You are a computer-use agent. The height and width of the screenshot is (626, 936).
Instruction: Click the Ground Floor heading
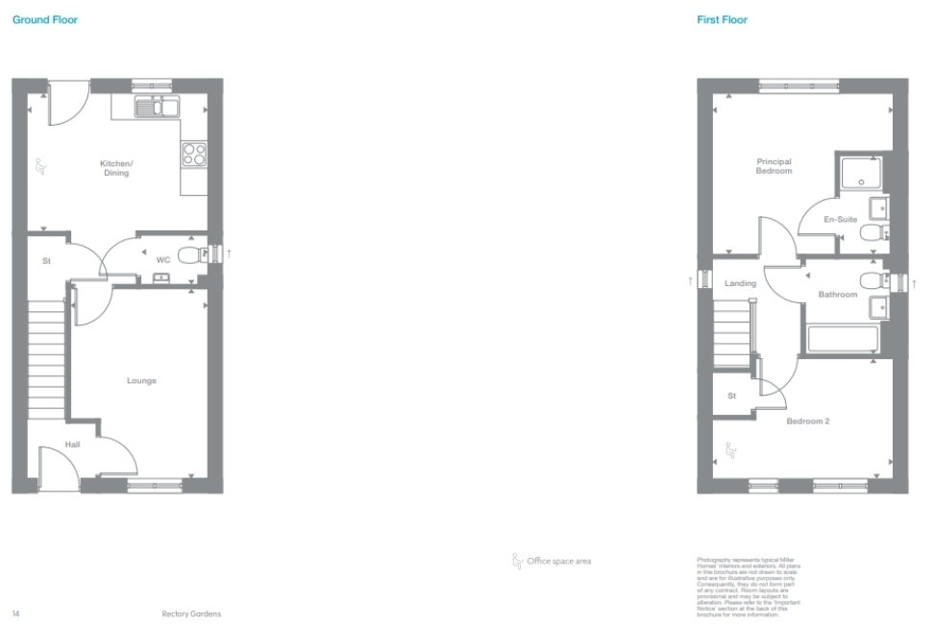[45, 19]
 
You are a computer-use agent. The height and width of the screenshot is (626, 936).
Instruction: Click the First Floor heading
[722, 19]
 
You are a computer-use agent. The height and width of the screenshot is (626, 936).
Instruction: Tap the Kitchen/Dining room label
[116, 168]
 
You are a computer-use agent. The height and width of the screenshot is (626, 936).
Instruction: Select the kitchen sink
[156, 107]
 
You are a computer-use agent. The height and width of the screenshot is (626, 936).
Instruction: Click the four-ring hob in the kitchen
[194, 154]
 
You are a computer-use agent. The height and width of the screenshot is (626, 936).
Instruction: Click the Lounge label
[141, 381]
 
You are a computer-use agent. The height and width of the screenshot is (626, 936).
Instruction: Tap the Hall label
[73, 445]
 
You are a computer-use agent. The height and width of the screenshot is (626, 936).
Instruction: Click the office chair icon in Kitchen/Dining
[41, 167]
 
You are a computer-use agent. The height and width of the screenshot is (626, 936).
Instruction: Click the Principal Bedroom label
[774, 166]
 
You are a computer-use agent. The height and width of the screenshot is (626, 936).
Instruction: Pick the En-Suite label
[840, 220]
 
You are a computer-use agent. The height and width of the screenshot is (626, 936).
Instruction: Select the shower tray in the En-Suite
[860, 174]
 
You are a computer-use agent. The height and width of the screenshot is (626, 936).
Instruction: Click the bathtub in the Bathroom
[843, 340]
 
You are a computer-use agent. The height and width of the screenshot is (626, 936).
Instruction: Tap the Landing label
[740, 283]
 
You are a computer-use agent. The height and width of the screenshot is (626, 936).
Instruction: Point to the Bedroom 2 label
[807, 421]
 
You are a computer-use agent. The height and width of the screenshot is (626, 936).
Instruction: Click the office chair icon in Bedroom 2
[729, 448]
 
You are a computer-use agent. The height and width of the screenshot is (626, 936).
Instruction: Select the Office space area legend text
[558, 561]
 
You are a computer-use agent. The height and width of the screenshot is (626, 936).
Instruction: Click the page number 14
[15, 614]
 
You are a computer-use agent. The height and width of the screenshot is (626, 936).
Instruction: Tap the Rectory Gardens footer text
[191, 614]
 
